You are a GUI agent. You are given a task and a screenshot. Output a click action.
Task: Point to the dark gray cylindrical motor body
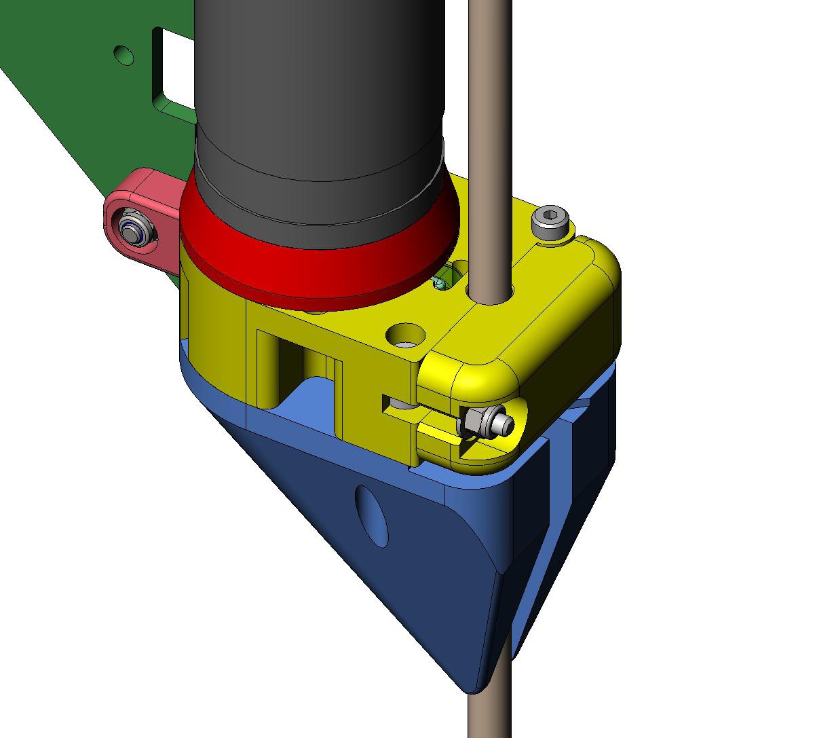[319, 102]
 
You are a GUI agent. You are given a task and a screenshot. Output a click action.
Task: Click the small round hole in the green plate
[124, 54]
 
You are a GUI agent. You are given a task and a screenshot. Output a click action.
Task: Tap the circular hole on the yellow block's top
[405, 335]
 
